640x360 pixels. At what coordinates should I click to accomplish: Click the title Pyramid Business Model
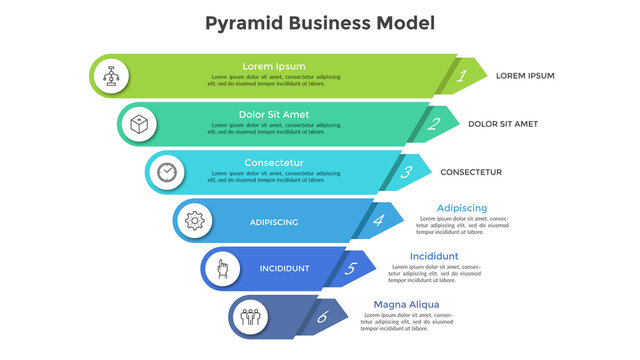[x=320, y=23]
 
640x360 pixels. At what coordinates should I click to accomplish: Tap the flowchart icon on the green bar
[x=110, y=75]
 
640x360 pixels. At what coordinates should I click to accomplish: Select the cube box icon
[x=138, y=124]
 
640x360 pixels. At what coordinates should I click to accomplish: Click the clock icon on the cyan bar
[x=166, y=172]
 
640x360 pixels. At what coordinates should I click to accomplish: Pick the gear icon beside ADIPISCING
[x=194, y=220]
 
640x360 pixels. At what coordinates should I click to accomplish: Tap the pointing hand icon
[x=222, y=268]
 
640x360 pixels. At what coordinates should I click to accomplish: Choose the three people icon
[x=250, y=317]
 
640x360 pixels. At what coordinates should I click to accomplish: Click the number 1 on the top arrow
[x=462, y=75]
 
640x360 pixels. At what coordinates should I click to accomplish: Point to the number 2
[x=434, y=124]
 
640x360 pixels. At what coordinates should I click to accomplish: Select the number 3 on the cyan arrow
[x=406, y=172]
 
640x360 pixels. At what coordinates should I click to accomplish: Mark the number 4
[x=378, y=220]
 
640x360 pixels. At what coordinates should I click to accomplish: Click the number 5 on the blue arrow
[x=350, y=268]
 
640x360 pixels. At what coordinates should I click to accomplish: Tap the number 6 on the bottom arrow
[x=322, y=317]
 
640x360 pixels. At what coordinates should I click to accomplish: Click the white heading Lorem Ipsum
[x=274, y=66]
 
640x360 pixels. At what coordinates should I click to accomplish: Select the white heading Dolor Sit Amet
[x=274, y=114]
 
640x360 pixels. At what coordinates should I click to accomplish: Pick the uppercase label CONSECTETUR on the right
[x=471, y=172]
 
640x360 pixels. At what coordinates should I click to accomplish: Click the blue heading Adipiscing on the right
[x=462, y=208]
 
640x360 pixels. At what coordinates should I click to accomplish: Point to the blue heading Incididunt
[x=434, y=256]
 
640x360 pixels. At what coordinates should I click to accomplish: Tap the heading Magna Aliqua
[x=406, y=304]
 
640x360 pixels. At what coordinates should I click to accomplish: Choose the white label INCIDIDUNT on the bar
[x=284, y=269]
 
